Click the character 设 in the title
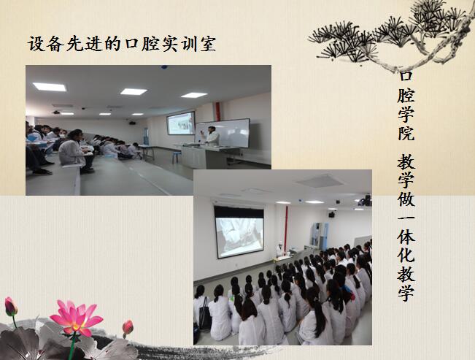pos(36,45)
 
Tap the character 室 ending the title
pos(208,45)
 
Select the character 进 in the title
pos(93,45)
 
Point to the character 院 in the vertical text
pos(406,133)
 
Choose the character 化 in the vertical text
pos(406,254)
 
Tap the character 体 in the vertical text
pos(406,237)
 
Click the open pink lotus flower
pos(77,318)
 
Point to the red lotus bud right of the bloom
pos(128,328)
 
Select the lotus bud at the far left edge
pos(11,307)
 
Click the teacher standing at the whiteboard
pos(212,136)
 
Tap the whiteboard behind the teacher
pos(223,133)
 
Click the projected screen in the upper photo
pos(181,123)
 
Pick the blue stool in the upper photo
pos(177,157)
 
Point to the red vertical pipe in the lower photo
pos(286,226)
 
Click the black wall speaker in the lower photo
pos(332,215)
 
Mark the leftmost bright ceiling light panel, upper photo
pos(50,87)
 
